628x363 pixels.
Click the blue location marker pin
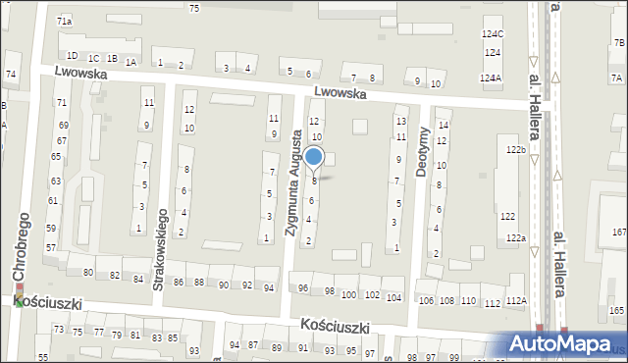click(x=314, y=157)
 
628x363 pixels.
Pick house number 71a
click(x=65, y=21)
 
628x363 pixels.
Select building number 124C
click(x=493, y=34)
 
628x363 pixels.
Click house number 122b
click(x=515, y=149)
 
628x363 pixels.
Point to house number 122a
click(x=516, y=237)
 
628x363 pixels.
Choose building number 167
click(x=618, y=232)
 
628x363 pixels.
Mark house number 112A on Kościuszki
click(x=517, y=302)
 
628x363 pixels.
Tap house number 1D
click(x=72, y=56)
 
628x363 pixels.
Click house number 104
click(x=393, y=296)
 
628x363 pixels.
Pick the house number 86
click(x=179, y=283)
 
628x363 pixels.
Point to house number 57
click(x=51, y=248)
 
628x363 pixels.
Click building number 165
click(x=616, y=310)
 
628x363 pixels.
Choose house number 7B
click(x=619, y=43)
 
